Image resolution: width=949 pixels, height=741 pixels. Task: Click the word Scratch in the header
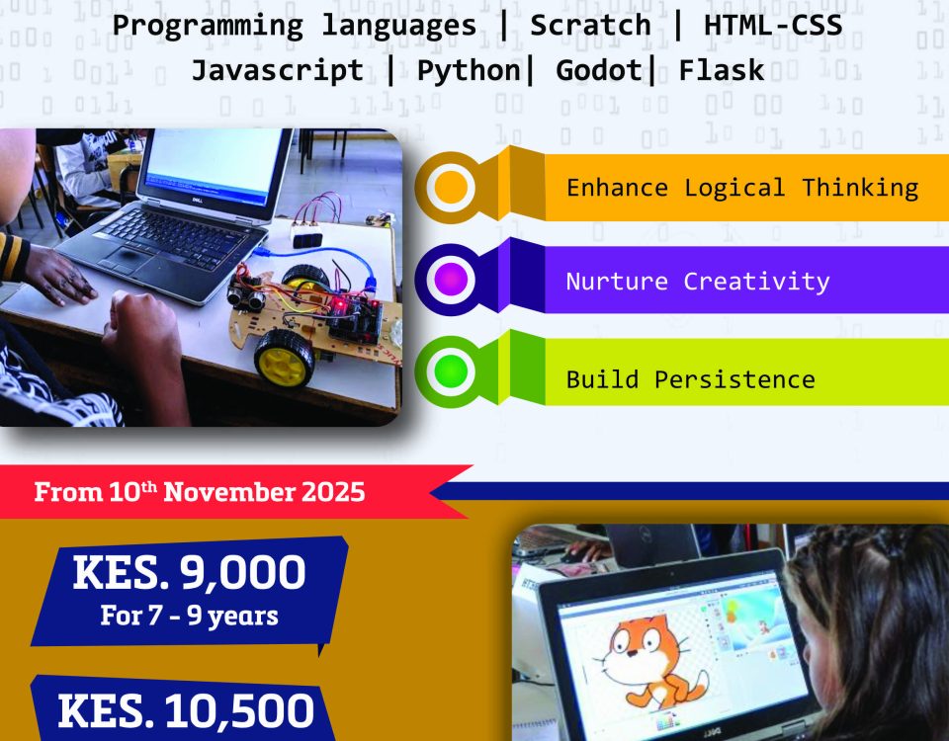(590, 26)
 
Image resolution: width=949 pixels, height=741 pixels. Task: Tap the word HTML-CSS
(773, 26)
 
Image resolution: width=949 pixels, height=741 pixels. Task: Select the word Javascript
(278, 71)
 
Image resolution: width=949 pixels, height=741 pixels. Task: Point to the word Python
(469, 71)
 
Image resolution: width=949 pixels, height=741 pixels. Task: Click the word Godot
(599, 70)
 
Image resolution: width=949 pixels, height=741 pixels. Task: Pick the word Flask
(722, 70)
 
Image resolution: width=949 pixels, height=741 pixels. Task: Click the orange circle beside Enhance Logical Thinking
(451, 188)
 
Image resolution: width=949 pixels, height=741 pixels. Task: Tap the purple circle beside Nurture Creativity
(451, 280)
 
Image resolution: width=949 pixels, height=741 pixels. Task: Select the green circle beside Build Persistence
(451, 371)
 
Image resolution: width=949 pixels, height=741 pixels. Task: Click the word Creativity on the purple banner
(756, 282)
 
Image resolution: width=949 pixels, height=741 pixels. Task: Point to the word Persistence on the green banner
(734, 379)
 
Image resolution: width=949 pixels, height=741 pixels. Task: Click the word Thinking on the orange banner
(860, 188)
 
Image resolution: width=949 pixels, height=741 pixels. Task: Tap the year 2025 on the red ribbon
(333, 491)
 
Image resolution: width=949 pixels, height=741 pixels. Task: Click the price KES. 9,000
(189, 572)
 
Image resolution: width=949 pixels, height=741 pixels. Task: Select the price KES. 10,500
(186, 710)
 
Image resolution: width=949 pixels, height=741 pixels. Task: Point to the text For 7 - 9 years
(189, 616)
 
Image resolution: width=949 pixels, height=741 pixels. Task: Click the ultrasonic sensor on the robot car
(246, 293)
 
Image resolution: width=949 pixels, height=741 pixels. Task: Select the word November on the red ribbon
(229, 491)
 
